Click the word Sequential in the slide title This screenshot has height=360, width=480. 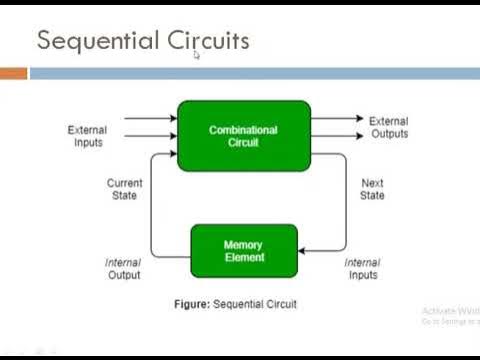tap(87, 41)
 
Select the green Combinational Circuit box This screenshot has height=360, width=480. tap(244, 136)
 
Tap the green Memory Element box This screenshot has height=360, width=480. tap(244, 251)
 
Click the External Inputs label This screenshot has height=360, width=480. tap(87, 136)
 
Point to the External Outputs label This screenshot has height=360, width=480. tap(388, 128)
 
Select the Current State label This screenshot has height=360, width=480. tap(124, 189)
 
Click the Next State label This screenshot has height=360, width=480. tap(372, 189)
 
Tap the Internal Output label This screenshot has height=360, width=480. tap(124, 269)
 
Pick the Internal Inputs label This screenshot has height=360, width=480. tap(362, 269)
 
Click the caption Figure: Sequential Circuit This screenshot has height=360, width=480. tap(244, 303)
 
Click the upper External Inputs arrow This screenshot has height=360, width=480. tap(150, 118)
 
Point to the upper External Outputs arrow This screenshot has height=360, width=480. tap(337, 118)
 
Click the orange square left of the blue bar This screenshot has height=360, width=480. tap(13, 73)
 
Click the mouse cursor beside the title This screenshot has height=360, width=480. tap(197, 55)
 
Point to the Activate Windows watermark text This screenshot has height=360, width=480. tap(449, 310)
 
